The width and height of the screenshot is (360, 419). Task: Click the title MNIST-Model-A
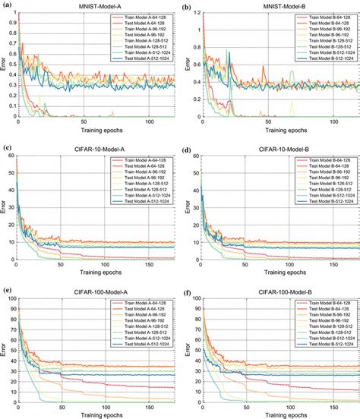96,7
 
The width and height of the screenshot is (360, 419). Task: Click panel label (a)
7,6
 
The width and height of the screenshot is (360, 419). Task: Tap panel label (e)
7,289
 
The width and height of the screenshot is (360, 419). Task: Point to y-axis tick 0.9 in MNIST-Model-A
10,23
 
